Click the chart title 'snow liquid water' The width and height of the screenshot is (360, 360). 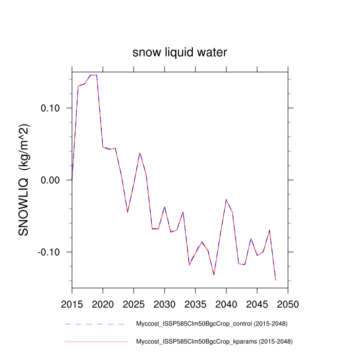click(x=179, y=52)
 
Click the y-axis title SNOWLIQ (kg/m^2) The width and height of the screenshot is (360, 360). click(x=24, y=179)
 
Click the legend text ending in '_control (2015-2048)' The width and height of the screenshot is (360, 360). click(x=211, y=324)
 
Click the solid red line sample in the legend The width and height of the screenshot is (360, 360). click(x=96, y=341)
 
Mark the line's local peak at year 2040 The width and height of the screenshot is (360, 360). click(x=226, y=199)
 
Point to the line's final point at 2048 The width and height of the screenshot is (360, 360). click(x=276, y=280)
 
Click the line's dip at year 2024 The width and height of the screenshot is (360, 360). click(x=128, y=212)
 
